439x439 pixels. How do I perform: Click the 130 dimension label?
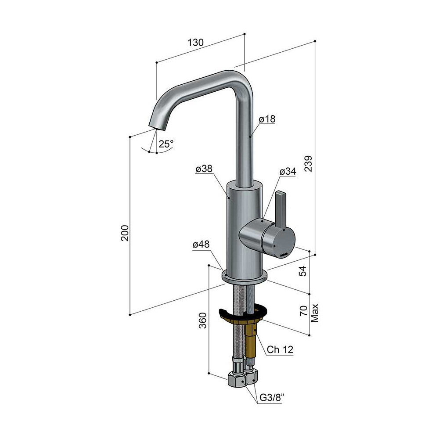195,43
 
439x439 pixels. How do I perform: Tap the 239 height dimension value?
308,164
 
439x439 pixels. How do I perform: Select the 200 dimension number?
125,233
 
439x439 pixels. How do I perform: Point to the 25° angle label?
166,144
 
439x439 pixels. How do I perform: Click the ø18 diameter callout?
267,119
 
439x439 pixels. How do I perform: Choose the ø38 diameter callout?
204,169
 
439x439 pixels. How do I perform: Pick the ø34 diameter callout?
288,171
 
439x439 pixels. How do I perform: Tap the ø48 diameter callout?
201,245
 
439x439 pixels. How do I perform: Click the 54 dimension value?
302,271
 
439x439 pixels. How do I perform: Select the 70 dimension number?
303,311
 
